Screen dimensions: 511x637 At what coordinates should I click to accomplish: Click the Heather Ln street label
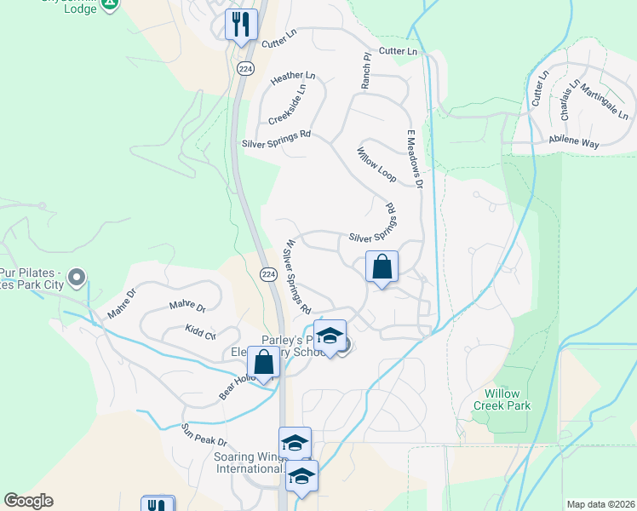(293, 78)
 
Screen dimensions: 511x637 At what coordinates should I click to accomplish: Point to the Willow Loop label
(376, 166)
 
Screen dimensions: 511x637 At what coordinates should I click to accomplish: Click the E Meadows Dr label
(414, 158)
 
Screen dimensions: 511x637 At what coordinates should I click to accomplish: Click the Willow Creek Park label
(507, 399)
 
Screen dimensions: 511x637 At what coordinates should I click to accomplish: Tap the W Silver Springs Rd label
(297, 275)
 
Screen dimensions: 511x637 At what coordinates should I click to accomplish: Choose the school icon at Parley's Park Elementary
(330, 336)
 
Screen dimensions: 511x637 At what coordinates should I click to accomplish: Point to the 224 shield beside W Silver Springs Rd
(267, 273)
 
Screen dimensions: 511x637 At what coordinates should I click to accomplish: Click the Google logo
(29, 501)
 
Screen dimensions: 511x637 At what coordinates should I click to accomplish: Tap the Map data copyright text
(600, 504)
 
